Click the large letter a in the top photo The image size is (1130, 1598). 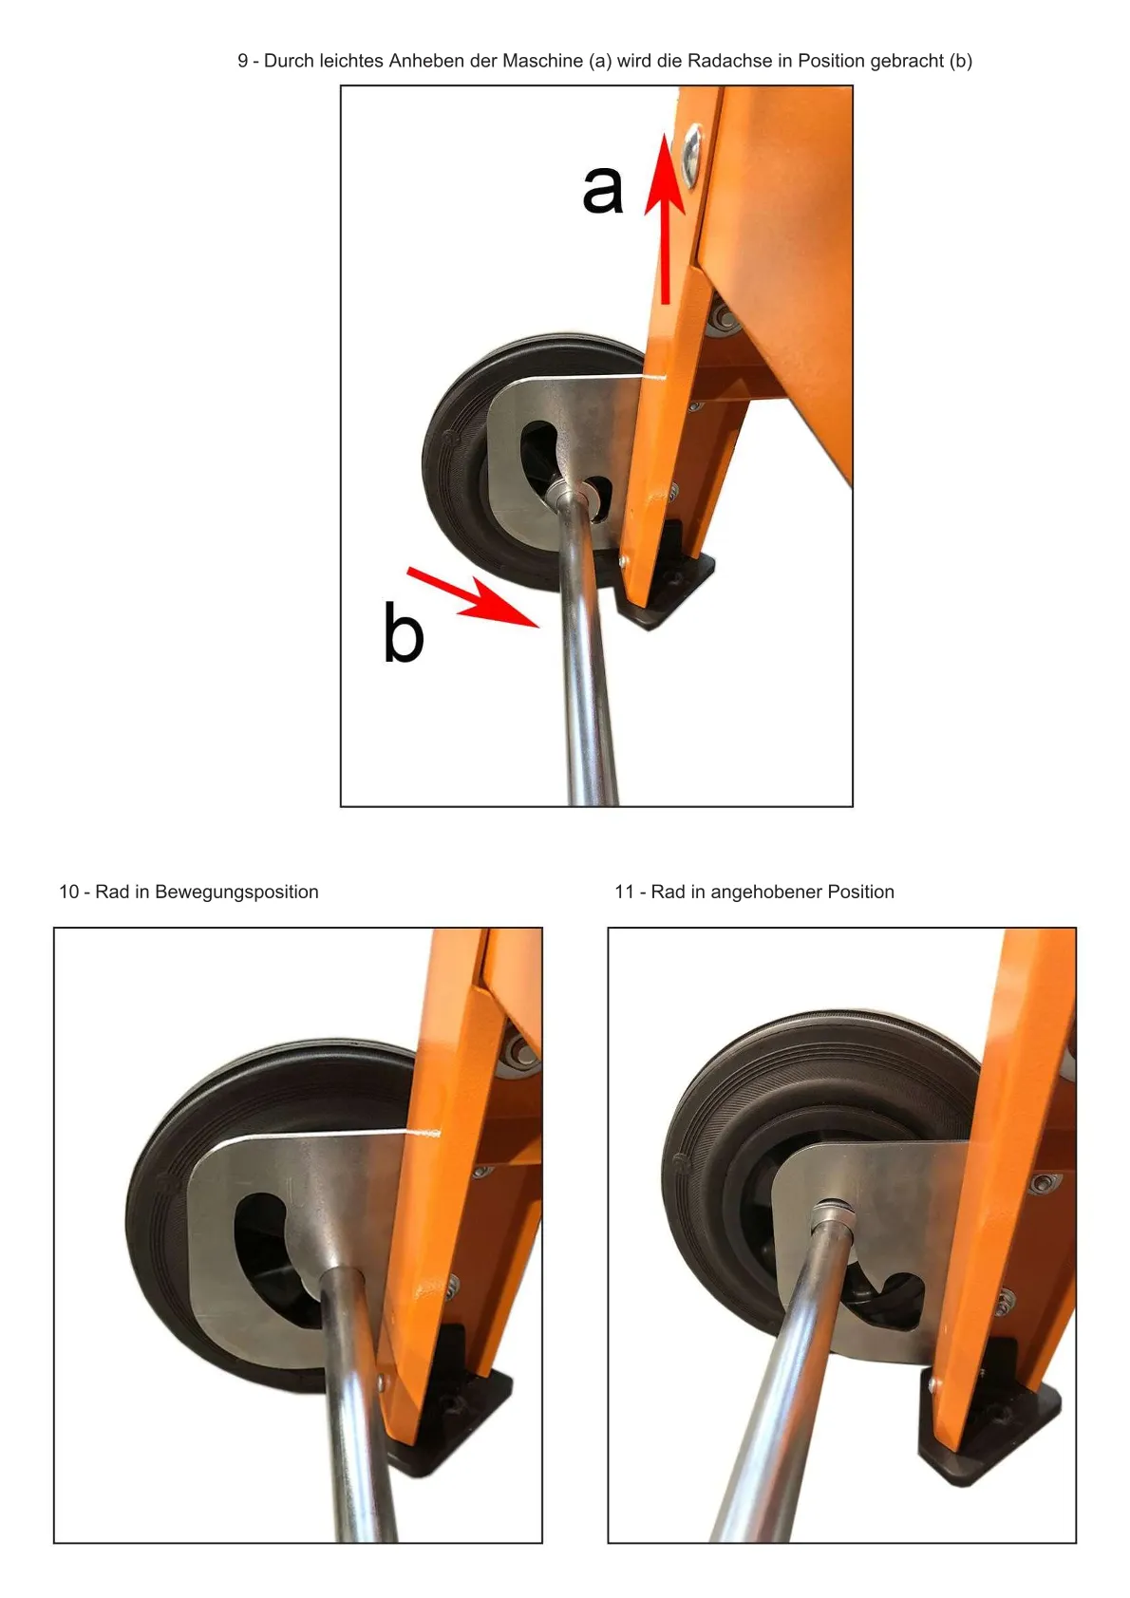pyautogui.click(x=603, y=190)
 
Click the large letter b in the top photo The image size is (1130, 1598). pyautogui.click(x=403, y=632)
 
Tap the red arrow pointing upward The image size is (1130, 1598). pyautogui.click(x=665, y=217)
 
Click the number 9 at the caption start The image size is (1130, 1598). pyautogui.click(x=242, y=62)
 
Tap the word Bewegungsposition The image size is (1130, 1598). pyautogui.click(x=236, y=893)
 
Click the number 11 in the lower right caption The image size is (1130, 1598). pyautogui.click(x=624, y=892)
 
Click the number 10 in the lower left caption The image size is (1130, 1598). pyautogui.click(x=68, y=892)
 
